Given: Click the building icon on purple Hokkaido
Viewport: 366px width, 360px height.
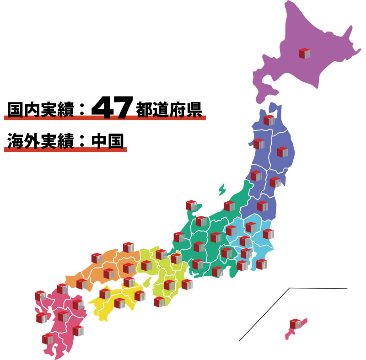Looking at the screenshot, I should (305, 54).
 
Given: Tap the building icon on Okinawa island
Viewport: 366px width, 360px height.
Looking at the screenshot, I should (295, 324).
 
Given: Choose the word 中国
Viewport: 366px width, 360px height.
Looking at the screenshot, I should (108, 140).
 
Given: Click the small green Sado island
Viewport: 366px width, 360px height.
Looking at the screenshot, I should (222, 188).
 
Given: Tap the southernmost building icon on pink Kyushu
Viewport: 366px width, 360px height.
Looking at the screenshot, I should (48, 339).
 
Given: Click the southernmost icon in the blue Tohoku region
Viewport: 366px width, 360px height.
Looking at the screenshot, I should (262, 206).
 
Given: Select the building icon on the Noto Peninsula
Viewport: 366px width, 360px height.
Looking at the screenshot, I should (191, 205).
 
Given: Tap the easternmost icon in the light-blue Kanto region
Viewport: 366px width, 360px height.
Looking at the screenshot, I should (268, 234).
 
